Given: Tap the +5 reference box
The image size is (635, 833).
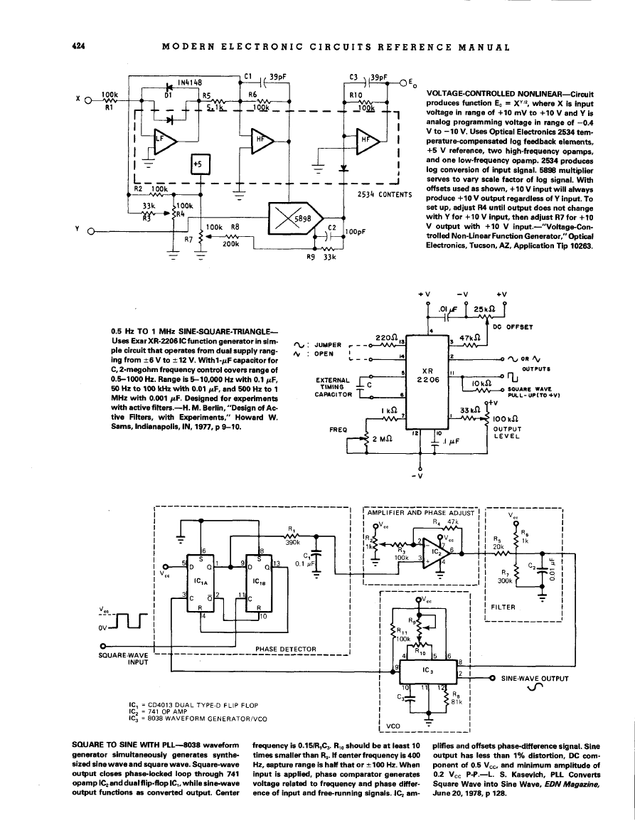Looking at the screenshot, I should pos(198,165).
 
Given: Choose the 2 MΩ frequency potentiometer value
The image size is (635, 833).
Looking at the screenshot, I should pos(383,437).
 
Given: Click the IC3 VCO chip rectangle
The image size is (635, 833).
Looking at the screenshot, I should pos(427,671).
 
